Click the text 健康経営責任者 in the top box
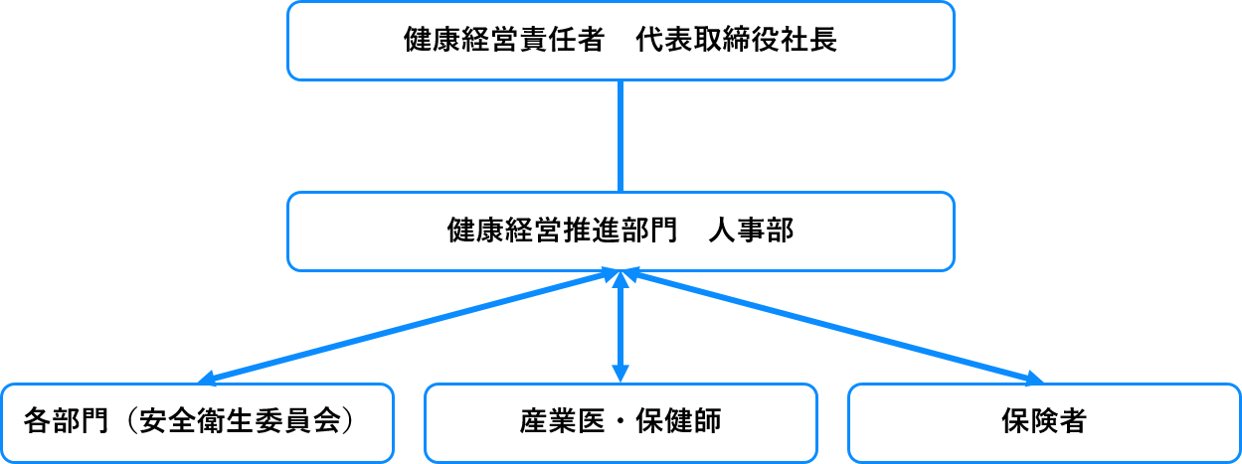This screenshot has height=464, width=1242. click(x=503, y=40)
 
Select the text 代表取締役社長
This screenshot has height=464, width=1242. click(x=736, y=40)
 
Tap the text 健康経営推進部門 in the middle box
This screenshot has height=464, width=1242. click(x=562, y=231)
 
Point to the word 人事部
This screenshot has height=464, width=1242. click(x=752, y=231)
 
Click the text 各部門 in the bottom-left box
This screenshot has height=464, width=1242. click(x=66, y=421)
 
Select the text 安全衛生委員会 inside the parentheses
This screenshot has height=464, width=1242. click(x=239, y=421)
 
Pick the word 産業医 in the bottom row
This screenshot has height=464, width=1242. click(x=562, y=421)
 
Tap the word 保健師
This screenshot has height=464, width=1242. click(x=678, y=421)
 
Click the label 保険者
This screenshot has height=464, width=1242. click(x=1044, y=421)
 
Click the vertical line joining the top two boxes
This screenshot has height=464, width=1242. click(x=621, y=136)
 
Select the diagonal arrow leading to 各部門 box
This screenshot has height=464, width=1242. click(x=408, y=326)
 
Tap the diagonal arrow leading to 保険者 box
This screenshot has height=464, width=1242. click(x=832, y=326)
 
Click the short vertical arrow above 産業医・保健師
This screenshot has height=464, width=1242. click(x=621, y=327)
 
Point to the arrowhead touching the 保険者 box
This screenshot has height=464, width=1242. click(x=1034, y=380)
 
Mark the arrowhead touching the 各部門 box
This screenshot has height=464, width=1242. click(x=206, y=380)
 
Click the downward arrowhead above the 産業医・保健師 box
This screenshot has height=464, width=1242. click(x=621, y=374)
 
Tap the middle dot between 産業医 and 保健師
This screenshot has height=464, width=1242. click(x=621, y=422)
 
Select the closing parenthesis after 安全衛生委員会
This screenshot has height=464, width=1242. click(x=348, y=421)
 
